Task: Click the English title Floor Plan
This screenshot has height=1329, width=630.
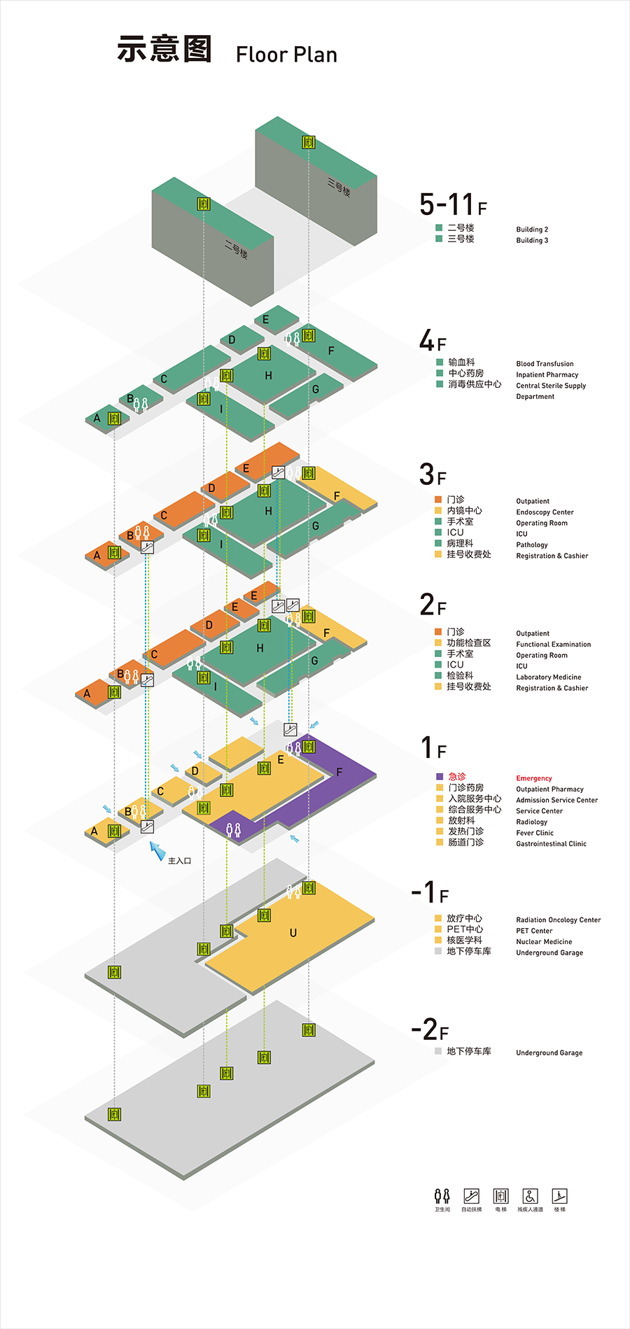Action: (286, 55)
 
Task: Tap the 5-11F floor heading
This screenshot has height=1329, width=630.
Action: (452, 204)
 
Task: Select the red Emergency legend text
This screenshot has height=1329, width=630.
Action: (534, 778)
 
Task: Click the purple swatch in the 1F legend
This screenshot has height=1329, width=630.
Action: (440, 777)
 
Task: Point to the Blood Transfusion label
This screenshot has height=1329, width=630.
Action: (545, 364)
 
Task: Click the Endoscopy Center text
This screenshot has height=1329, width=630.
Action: (545, 512)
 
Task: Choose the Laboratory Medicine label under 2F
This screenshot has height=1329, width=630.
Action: (548, 677)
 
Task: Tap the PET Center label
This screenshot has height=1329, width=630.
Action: (534, 931)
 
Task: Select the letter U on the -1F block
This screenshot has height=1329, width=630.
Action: (293, 933)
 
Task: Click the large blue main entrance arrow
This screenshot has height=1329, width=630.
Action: (157, 850)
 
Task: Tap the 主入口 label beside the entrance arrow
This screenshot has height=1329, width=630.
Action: (180, 861)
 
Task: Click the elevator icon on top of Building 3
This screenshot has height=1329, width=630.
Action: (308, 142)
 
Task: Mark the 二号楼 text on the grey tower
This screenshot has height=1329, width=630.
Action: (236, 250)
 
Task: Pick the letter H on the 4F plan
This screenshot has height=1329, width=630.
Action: (268, 376)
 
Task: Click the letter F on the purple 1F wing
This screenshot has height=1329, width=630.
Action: (339, 773)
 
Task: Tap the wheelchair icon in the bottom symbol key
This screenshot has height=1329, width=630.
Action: (530, 1196)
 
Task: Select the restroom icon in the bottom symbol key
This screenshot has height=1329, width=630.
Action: (442, 1196)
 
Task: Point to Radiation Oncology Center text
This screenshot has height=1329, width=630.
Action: (558, 920)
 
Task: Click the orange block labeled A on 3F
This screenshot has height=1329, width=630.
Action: (97, 556)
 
